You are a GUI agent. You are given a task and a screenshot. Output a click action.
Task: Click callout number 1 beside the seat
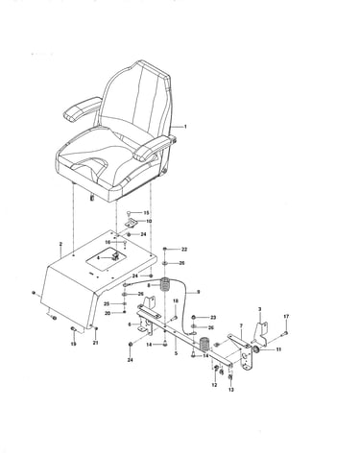coord(185,127)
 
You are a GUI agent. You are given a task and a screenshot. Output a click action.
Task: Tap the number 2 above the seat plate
coord(60,244)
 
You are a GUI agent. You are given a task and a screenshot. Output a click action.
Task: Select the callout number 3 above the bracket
coord(259,309)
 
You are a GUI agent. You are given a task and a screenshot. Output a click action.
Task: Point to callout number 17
coord(286,317)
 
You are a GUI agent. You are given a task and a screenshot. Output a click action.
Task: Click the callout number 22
coord(184,250)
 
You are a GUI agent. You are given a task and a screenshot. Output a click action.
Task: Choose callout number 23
coord(213,318)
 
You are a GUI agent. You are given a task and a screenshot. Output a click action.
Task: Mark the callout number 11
coord(278,349)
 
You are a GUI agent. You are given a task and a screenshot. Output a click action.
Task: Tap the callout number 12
coord(214,385)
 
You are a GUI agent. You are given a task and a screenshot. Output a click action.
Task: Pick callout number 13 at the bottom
coord(231,390)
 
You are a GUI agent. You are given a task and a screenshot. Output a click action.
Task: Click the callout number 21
coord(95,343)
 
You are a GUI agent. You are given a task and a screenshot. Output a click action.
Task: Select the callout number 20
coord(108,313)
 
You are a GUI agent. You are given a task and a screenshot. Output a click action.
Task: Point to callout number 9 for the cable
coord(199,292)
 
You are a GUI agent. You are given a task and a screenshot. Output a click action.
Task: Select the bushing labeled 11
coord(256,349)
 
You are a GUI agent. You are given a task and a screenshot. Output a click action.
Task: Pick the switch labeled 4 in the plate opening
coord(115,256)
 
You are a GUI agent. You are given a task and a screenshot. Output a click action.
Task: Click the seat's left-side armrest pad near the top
coord(83,108)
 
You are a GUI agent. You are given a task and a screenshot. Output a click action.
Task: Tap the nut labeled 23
coord(194,317)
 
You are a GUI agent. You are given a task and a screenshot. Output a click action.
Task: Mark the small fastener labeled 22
coord(165,249)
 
